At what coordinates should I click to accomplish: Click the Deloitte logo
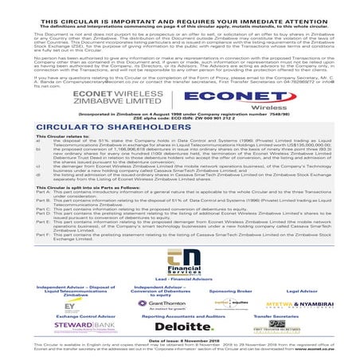tap(178, 327)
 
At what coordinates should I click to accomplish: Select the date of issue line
tap(179, 340)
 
